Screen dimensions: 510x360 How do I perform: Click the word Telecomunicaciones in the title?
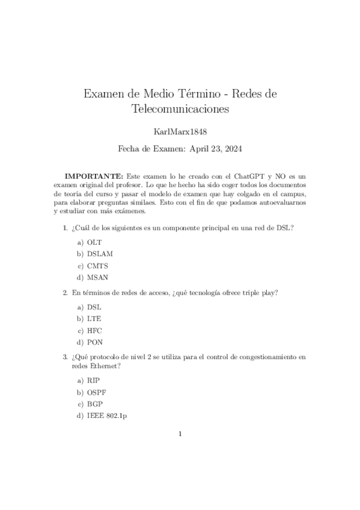coord(180,109)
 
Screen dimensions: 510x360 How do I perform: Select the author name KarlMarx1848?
coord(180,130)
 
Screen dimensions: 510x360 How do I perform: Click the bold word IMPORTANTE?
coord(94,176)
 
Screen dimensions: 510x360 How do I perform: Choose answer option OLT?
coord(94,241)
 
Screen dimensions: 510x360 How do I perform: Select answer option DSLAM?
coord(100,253)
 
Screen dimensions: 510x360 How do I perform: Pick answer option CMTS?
coord(97,265)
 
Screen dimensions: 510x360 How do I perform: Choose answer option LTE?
coord(94,319)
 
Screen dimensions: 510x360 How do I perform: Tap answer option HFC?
coord(94,330)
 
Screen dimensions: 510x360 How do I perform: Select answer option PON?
coord(95,342)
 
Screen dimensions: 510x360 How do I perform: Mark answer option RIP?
coord(93,381)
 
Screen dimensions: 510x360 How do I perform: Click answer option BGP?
coord(95,405)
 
